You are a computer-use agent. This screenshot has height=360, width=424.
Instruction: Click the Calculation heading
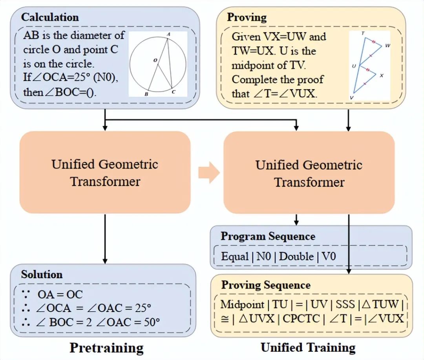coord(50,17)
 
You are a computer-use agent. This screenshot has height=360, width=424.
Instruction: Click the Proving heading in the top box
coord(247,18)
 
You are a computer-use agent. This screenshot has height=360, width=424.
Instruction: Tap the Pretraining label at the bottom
coord(106,348)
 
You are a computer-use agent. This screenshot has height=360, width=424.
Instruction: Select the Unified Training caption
coord(308,347)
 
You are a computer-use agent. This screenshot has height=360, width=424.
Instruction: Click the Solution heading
coord(42,274)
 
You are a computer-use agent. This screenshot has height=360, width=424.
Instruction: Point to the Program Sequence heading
coord(268,236)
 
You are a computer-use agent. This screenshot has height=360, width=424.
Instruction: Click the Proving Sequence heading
coord(266,285)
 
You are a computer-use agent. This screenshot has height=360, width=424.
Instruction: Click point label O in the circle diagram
coord(155,60)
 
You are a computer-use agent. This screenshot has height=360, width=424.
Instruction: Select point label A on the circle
coord(168,35)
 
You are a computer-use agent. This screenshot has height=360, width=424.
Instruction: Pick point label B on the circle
coord(146,94)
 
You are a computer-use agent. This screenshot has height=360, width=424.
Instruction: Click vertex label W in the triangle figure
coord(387,46)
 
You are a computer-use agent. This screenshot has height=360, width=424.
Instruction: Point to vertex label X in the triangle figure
coord(381,75)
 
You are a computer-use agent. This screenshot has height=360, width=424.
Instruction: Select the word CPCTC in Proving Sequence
coord(302,318)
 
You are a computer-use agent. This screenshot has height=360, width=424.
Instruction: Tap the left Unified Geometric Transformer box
coord(105,173)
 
